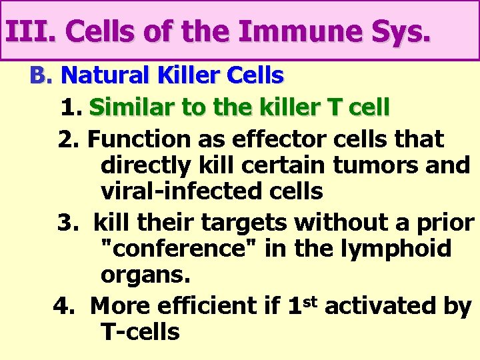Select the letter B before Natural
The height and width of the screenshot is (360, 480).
click(x=39, y=76)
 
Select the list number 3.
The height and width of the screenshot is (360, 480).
click(x=66, y=223)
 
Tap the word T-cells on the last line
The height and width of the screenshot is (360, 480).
click(x=140, y=331)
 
